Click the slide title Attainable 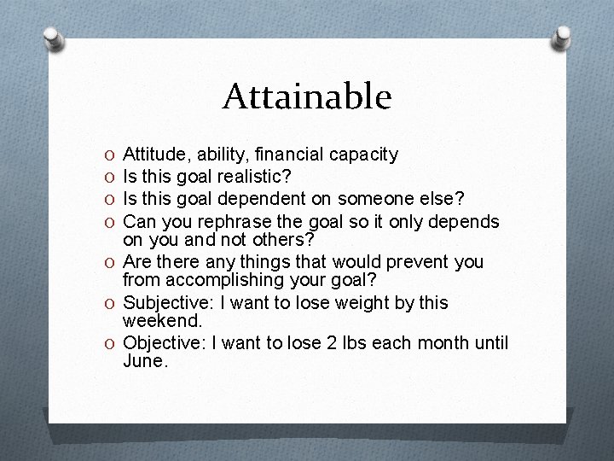coord(307,96)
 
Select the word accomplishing coord(215,281)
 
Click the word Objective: coord(161,343)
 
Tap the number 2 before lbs coord(321,343)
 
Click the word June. coord(146,362)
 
